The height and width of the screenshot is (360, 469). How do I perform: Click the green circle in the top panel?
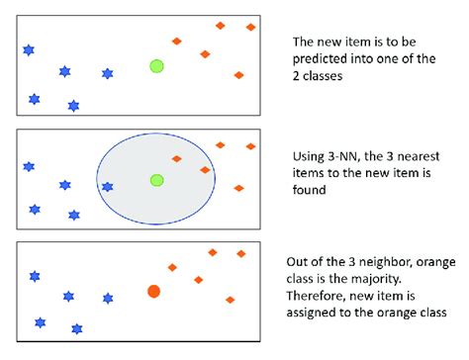tap(155, 66)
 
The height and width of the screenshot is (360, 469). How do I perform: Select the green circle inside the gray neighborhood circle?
tap(155, 180)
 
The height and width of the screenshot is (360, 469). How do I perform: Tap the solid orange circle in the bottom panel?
tap(153, 291)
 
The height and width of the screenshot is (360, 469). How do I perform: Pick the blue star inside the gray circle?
tap(107, 186)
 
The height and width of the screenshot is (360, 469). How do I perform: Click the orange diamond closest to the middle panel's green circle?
tap(176, 158)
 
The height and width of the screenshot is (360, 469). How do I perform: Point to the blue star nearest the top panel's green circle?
tap(107, 73)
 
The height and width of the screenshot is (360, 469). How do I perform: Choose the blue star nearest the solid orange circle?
tap(107, 298)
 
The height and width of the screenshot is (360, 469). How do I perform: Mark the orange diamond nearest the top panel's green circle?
tap(176, 42)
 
